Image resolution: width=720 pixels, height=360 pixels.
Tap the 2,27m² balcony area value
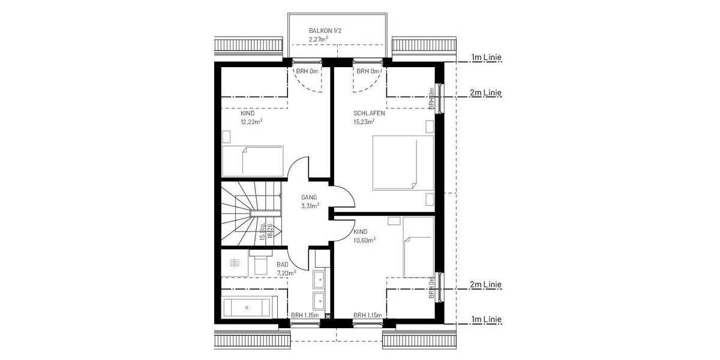pyautogui.click(x=318, y=39)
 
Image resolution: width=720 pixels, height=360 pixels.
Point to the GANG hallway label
pyautogui.click(x=309, y=197)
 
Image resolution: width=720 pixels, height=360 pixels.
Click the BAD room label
pyautogui.click(x=282, y=264)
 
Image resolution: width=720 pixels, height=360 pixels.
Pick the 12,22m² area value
pyautogui.click(x=251, y=121)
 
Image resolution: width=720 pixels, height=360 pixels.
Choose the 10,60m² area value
pyautogui.click(x=365, y=239)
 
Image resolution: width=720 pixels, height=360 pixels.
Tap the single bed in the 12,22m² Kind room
pyautogui.click(x=253, y=161)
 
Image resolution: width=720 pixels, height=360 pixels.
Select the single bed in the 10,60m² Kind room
pyautogui.click(x=418, y=247)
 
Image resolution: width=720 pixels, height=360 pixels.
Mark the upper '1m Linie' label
pyautogui.click(x=486, y=58)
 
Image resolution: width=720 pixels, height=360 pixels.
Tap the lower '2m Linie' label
pyautogui.click(x=486, y=284)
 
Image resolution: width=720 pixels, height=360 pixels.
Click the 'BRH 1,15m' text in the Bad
pyautogui.click(x=305, y=315)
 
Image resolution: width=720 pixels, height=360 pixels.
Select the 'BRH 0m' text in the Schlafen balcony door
pyautogui.click(x=368, y=71)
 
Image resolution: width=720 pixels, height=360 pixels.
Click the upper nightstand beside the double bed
pyautogui.click(x=429, y=126)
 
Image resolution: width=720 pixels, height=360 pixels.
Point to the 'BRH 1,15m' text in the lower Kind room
pyautogui.click(x=368, y=315)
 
